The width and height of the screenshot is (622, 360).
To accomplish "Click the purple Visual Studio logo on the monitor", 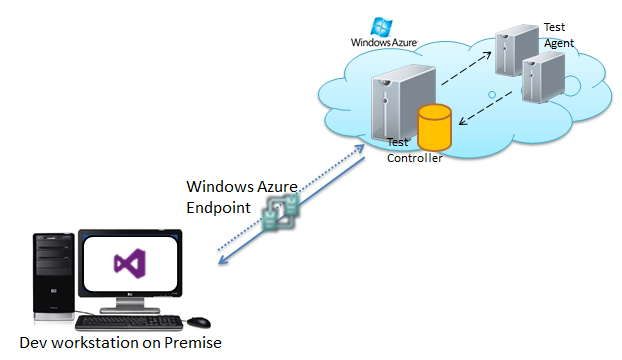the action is [x=130, y=263].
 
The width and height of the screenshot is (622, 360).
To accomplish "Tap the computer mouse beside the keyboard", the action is [x=199, y=322].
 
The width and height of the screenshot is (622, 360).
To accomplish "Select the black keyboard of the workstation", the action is [x=129, y=323].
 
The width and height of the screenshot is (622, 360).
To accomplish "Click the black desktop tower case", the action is [x=54, y=276].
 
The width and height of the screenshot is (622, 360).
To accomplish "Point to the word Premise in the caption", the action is [x=193, y=343].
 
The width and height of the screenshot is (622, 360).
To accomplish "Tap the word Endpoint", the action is [x=218, y=208].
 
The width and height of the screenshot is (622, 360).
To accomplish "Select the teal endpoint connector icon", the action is [x=281, y=213].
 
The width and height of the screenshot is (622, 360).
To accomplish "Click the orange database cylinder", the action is [x=434, y=127].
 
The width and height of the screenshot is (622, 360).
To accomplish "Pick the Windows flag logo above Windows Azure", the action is [x=381, y=27].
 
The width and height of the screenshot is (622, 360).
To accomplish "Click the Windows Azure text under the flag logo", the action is [x=384, y=42].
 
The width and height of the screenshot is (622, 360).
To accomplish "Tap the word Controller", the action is [x=415, y=158].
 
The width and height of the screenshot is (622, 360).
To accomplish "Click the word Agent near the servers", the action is [x=559, y=43].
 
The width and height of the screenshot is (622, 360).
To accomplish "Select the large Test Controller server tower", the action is [x=403, y=103].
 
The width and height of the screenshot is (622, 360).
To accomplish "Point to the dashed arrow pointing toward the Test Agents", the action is [x=466, y=68].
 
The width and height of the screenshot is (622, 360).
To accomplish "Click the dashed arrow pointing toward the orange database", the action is [x=485, y=108].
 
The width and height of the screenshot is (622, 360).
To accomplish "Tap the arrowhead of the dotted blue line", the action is [x=360, y=149].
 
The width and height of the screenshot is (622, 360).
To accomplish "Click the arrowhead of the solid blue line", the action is [x=223, y=259].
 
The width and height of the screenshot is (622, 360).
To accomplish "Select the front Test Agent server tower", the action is [x=543, y=78].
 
